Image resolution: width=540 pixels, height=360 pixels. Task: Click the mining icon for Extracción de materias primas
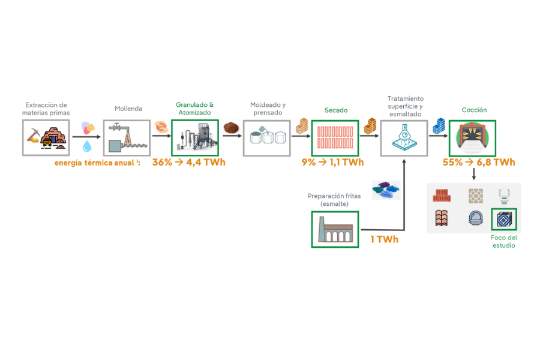(46, 138)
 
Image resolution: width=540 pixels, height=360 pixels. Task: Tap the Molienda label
(128, 109)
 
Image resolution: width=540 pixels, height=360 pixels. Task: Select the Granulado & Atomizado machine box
(194, 138)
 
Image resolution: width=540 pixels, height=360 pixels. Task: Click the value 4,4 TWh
(205, 162)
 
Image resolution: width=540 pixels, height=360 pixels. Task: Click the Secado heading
(336, 110)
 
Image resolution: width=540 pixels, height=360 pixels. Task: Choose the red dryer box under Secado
(335, 138)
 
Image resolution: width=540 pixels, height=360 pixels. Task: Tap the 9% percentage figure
(308, 162)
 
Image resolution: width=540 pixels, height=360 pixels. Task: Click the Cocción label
(474, 110)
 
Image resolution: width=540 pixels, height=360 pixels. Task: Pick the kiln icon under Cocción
(474, 138)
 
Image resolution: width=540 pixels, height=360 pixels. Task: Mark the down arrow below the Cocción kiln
(474, 174)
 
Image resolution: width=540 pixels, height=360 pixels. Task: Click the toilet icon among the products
(504, 196)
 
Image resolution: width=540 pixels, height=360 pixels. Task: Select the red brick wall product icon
(442, 196)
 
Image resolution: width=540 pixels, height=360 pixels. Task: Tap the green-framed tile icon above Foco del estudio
(504, 220)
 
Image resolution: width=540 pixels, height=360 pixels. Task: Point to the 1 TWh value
(384, 240)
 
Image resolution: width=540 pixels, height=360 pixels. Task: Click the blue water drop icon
(88, 145)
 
